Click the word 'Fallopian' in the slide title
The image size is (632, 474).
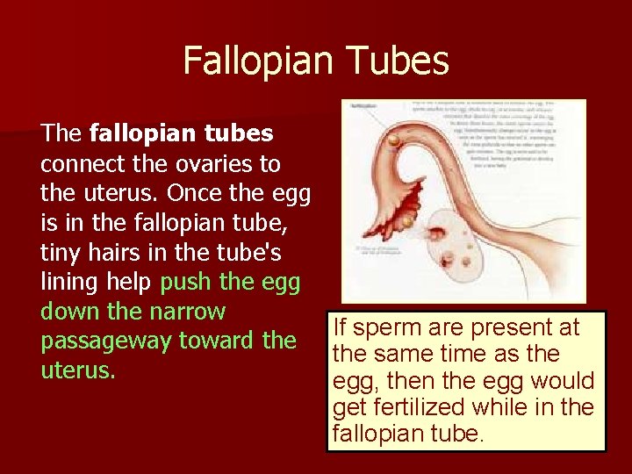click(x=257, y=62)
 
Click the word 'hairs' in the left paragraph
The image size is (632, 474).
click(x=112, y=253)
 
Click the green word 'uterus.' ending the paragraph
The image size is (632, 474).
click(x=78, y=370)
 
